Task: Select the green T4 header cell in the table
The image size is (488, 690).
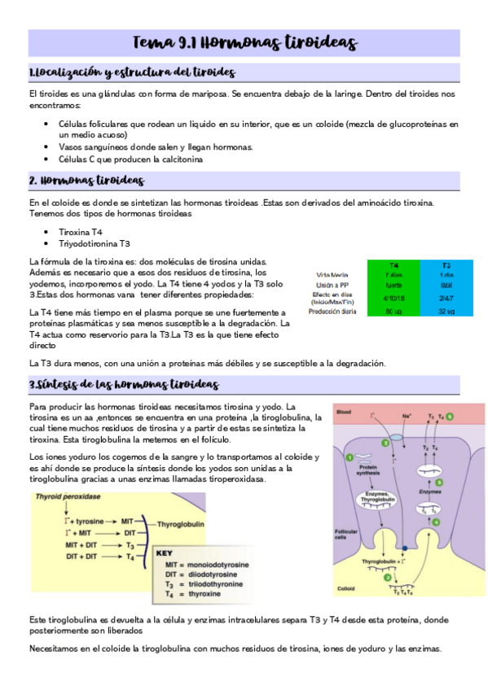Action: (x=393, y=265)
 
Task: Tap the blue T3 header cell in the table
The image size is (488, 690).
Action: (x=446, y=265)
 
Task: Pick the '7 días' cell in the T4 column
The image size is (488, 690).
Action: (x=393, y=275)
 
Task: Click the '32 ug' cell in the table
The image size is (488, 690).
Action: (x=446, y=311)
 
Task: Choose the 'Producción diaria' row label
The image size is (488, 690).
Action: (x=329, y=311)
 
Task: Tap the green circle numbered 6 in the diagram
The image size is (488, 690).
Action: (x=461, y=417)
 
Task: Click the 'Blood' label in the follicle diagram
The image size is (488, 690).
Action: (x=345, y=411)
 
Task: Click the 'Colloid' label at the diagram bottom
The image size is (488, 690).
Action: (x=347, y=587)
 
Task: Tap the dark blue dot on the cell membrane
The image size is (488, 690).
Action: (x=405, y=547)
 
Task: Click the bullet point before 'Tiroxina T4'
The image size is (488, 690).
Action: (x=51, y=232)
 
